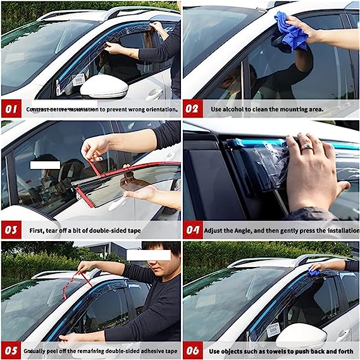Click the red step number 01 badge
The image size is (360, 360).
pyautogui.click(x=11, y=109)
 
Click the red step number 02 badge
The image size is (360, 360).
pyautogui.click(x=193, y=109)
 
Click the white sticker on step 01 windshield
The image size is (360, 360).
pyautogui.click(x=78, y=80)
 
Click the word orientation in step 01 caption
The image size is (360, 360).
pyautogui.click(x=160, y=109)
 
